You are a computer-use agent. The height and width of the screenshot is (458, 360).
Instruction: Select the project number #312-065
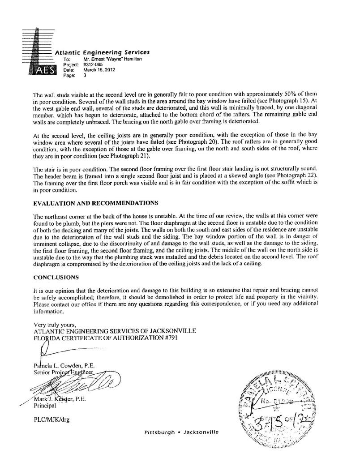pyautogui.click(x=93, y=64)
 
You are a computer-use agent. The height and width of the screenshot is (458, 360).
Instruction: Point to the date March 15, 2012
pyautogui.click(x=97, y=70)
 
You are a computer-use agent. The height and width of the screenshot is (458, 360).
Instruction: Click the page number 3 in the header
pyautogui.click(x=85, y=75)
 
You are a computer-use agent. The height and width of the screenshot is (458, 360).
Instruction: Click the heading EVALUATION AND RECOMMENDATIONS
pyautogui.click(x=95, y=203)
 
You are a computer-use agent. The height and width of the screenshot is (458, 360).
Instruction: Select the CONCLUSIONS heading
pyautogui.click(x=57, y=277)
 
